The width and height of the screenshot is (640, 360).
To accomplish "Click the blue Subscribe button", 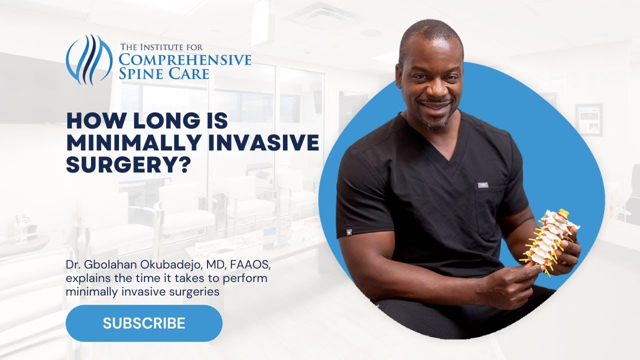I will click(144, 323).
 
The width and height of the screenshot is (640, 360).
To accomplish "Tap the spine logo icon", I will click(89, 58).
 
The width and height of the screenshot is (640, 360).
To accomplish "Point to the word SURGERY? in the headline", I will click(129, 165).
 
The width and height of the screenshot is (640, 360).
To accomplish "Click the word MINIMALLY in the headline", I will click(125, 143).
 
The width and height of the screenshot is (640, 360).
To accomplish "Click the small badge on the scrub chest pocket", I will click(482, 185).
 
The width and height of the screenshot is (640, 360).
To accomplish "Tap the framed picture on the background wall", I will click(588, 119).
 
